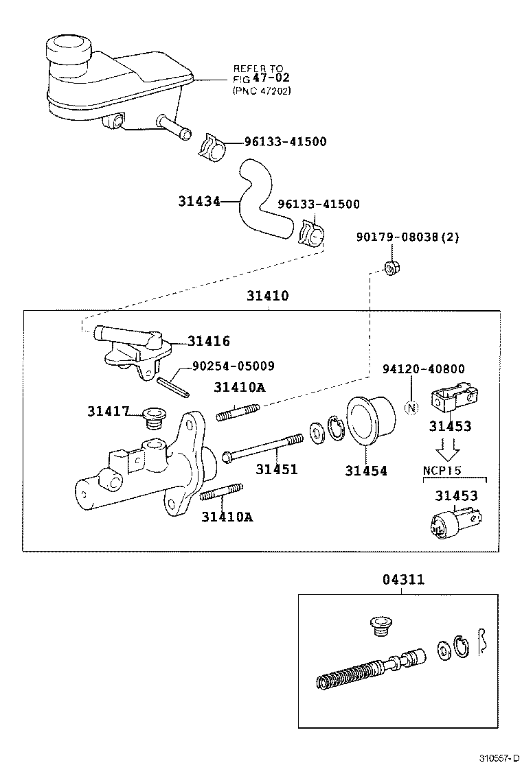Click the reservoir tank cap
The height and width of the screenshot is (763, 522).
[67, 49]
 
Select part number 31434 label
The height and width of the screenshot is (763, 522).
[198, 201]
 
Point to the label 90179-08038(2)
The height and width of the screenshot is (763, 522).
[407, 237]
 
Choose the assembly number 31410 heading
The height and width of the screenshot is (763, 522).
[268, 296]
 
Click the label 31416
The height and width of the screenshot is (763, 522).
[209, 341]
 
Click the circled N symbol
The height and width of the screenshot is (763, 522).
[411, 408]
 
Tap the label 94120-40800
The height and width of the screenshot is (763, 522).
[423, 369]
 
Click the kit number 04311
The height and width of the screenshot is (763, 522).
[403, 580]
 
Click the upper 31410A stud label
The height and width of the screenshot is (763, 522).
[238, 387]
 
